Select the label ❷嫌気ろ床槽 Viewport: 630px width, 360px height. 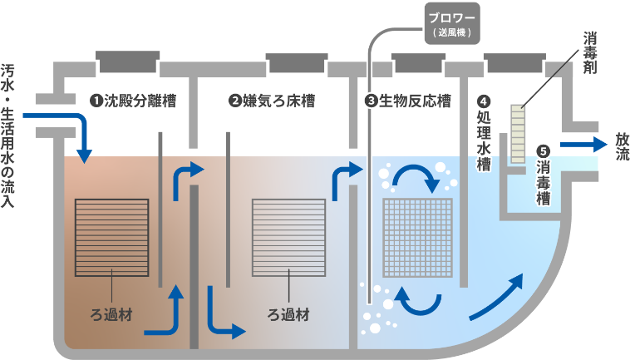(x=272, y=101)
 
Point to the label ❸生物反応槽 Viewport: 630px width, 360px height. (x=407, y=101)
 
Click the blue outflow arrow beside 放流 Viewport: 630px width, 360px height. (x=582, y=145)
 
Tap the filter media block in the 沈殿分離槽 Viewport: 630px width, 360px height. (x=111, y=237)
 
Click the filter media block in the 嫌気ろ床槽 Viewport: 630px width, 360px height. (x=289, y=237)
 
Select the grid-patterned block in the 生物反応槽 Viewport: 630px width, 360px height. (x=417, y=237)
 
